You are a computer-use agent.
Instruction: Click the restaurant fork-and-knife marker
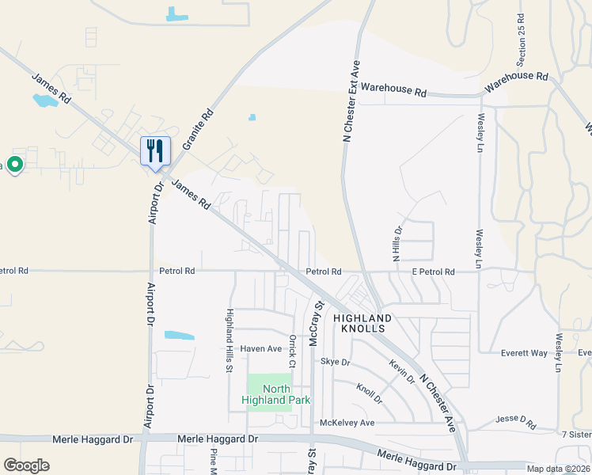[x=155, y=150]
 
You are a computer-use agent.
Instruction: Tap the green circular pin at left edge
[x=14, y=165]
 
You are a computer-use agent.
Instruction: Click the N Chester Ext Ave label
[x=351, y=101]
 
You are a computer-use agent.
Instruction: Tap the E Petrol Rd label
[x=433, y=272]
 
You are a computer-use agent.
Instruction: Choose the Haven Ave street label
[x=261, y=348]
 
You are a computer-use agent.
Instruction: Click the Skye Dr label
[x=335, y=362]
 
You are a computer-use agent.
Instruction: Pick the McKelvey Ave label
[x=347, y=423]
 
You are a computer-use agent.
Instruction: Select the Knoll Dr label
[x=369, y=393]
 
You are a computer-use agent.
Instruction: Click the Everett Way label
[x=524, y=353]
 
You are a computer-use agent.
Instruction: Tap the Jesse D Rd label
[x=515, y=419]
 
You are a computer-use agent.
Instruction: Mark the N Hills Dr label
[x=397, y=242]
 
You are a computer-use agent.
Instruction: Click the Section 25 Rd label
[x=521, y=40]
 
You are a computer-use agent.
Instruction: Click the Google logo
[x=26, y=465]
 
